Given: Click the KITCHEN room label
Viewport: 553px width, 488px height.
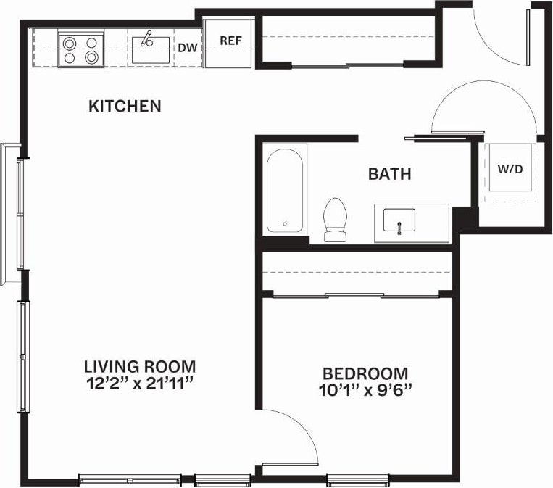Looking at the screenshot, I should [124, 107].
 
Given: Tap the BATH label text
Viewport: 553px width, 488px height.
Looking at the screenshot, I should [389, 174].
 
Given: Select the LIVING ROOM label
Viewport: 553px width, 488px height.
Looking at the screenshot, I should [140, 366].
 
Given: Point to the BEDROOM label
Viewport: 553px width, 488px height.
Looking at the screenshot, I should [365, 373].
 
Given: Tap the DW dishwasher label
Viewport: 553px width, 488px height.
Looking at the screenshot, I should [187, 49].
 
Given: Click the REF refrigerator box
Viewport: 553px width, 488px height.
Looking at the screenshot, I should [230, 41].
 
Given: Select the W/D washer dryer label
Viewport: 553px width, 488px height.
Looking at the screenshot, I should [510, 169].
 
